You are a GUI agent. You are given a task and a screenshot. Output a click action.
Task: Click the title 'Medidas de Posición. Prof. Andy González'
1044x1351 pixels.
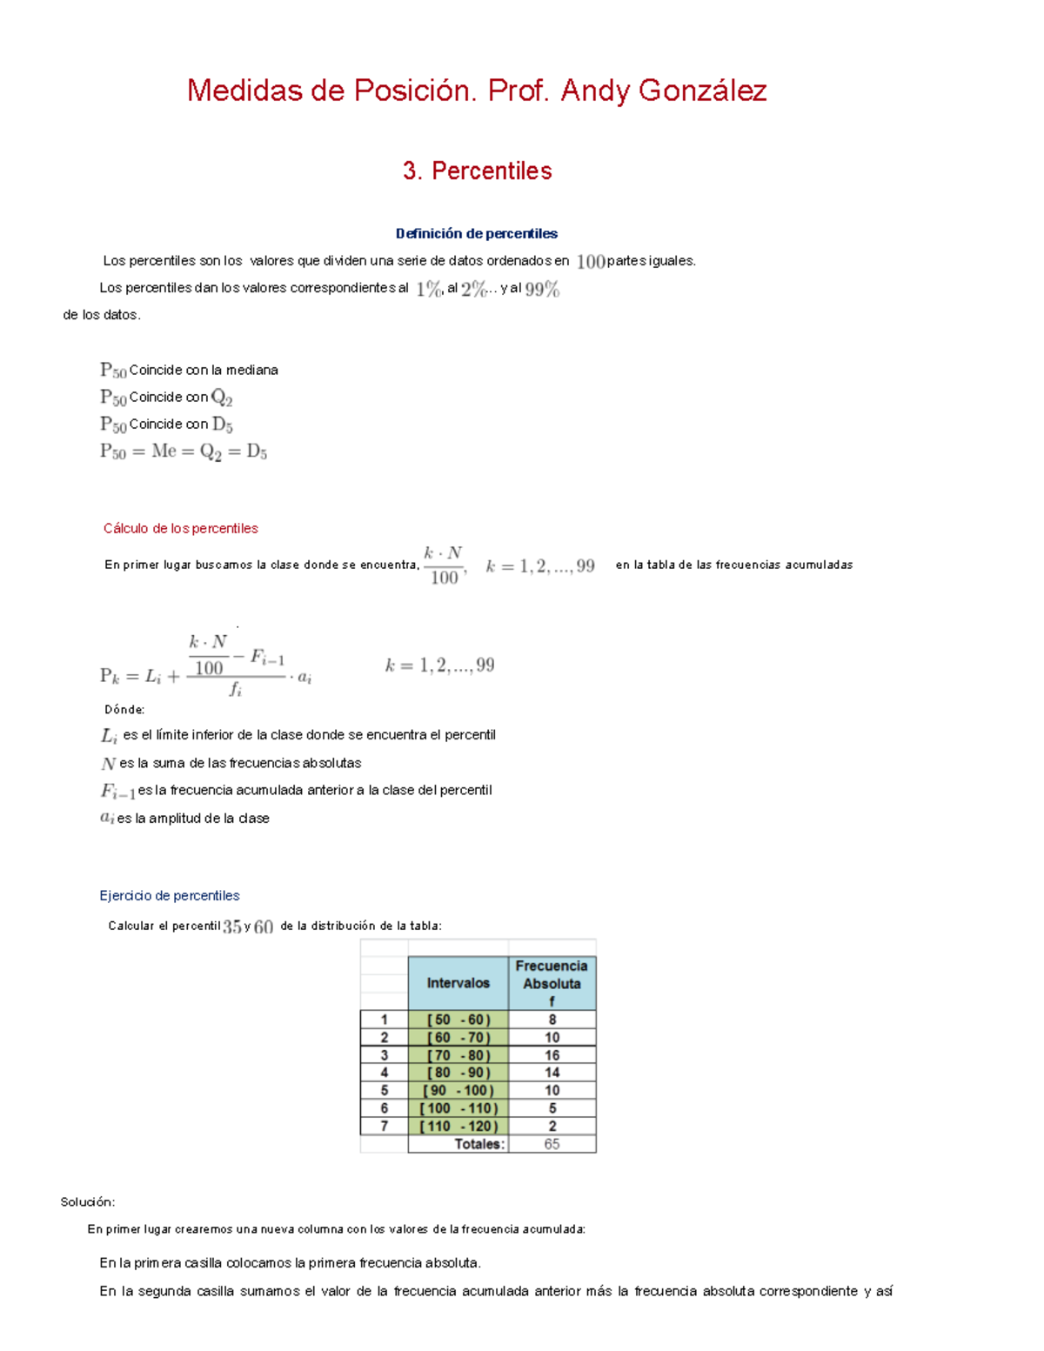point(477,90)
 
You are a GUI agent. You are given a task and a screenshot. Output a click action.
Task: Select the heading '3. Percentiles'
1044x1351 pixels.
point(477,171)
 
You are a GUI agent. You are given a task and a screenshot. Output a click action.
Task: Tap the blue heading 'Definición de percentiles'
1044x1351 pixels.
point(476,233)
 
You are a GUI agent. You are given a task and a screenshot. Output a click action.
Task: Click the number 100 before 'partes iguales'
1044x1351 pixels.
point(591,261)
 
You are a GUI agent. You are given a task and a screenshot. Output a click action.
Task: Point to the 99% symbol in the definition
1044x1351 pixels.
point(542,289)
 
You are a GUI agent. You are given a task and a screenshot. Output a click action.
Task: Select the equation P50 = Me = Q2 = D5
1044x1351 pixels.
point(184,451)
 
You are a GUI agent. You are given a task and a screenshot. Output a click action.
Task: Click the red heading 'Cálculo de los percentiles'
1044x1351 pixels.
point(180,528)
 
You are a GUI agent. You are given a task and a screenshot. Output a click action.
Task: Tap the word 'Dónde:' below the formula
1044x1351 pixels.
point(124,710)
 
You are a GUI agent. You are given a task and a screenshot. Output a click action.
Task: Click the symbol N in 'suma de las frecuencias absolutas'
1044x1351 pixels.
point(108,764)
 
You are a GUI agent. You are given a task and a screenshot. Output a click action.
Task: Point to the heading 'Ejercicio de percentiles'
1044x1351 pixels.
point(170,895)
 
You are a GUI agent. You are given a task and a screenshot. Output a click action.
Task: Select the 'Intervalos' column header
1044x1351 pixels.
point(458,983)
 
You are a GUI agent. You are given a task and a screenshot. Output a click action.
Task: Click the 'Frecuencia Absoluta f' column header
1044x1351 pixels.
point(552,983)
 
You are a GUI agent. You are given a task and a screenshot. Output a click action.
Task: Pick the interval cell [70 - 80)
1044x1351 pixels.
point(458,1055)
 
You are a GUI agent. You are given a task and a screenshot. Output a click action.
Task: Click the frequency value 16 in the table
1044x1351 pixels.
point(552,1055)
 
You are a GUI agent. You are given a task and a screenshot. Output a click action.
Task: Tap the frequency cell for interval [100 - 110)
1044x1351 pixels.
point(552,1108)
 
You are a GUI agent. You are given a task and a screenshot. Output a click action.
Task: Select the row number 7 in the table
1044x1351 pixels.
point(384,1127)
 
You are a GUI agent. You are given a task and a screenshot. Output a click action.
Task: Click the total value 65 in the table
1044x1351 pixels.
point(552,1144)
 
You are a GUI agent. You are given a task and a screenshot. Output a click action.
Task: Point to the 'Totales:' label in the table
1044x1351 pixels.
point(478,1144)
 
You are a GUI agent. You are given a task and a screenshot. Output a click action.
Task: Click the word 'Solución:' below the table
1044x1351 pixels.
point(87,1202)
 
